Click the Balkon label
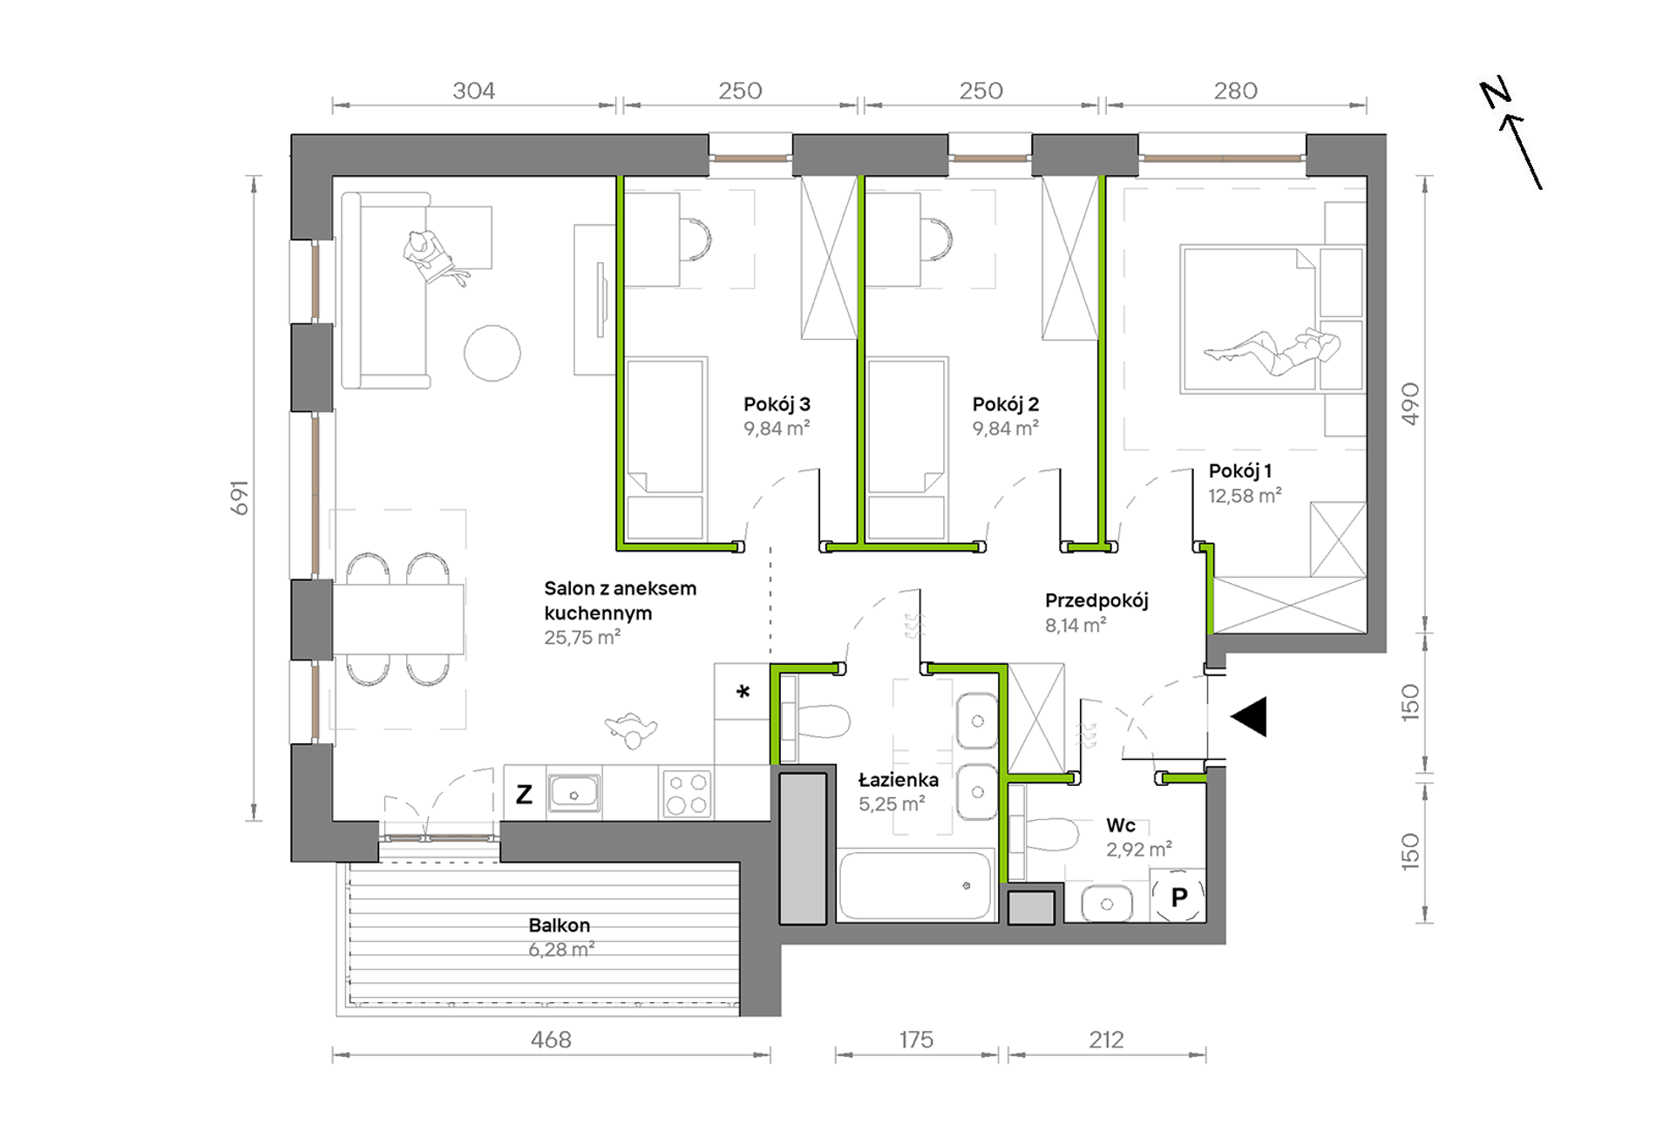pyautogui.click(x=559, y=925)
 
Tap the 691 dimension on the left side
pyautogui.click(x=240, y=498)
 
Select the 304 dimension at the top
pyautogui.click(x=473, y=91)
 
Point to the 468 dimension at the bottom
pyautogui.click(x=551, y=1040)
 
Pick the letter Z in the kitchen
pyautogui.click(x=524, y=794)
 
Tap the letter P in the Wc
pyautogui.click(x=1179, y=897)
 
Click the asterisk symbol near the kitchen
pyautogui.click(x=743, y=692)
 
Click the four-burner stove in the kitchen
pyautogui.click(x=687, y=794)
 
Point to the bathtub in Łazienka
pyautogui.click(x=915, y=885)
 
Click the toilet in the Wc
pyautogui.click(x=1051, y=834)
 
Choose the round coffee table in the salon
pyautogui.click(x=492, y=353)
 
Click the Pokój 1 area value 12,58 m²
pyautogui.click(x=1245, y=496)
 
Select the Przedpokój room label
pyautogui.click(x=1096, y=600)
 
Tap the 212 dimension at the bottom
pyautogui.click(x=1106, y=1040)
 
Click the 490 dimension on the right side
pyautogui.click(x=1410, y=403)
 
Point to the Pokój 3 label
pyautogui.click(x=777, y=403)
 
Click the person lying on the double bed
pyautogui.click(x=1273, y=349)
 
